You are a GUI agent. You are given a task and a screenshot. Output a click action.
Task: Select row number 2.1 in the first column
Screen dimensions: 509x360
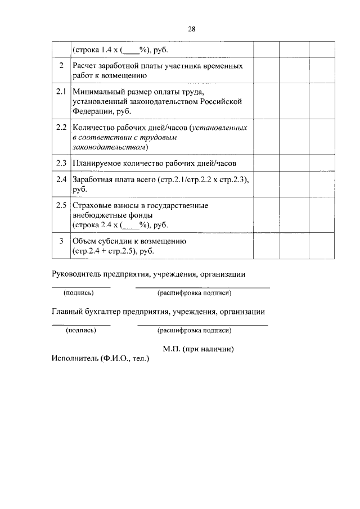coord(61,91)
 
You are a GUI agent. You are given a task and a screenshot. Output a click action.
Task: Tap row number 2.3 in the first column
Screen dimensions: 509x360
coord(61,163)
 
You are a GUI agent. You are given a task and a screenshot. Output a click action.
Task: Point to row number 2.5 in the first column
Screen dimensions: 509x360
coord(61,205)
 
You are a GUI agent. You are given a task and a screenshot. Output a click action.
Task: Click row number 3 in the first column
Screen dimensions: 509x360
coord(61,241)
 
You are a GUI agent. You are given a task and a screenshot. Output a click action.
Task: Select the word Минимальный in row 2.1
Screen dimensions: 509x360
coord(98,91)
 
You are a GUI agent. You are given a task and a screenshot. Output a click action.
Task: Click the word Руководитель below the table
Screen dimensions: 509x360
coord(78,274)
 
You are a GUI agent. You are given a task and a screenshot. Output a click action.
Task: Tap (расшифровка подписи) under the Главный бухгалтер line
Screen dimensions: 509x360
coord(195,330)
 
